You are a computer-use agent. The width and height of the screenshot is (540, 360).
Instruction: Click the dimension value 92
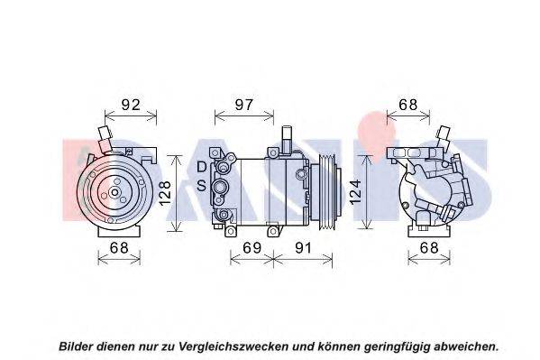[131, 105]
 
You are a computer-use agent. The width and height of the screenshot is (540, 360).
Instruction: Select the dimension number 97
[243, 105]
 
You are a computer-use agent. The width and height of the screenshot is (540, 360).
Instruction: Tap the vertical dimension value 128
[165, 193]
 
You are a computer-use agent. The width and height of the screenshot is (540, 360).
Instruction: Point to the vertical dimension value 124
[356, 191]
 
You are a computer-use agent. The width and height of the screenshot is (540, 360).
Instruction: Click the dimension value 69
[252, 248]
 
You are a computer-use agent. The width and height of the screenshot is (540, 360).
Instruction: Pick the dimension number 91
[303, 248]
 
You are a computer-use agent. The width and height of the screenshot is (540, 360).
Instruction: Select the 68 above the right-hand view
[407, 105]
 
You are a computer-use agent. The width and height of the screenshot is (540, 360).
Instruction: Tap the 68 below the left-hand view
[119, 248]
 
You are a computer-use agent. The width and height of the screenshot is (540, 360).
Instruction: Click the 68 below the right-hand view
[429, 248]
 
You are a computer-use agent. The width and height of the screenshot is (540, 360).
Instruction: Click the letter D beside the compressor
[201, 167]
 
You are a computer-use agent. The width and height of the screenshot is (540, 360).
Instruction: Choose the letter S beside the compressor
[201, 186]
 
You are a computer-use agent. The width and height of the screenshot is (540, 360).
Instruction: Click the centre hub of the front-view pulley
[114, 192]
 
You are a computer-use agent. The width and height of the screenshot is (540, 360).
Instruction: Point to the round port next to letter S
[220, 188]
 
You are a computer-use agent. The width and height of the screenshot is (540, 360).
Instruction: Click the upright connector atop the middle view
[287, 137]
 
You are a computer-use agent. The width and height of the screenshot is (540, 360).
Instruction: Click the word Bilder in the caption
[76, 346]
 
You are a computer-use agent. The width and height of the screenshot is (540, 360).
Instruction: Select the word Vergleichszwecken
[233, 346]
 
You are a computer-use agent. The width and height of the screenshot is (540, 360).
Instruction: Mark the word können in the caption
[337, 346]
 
